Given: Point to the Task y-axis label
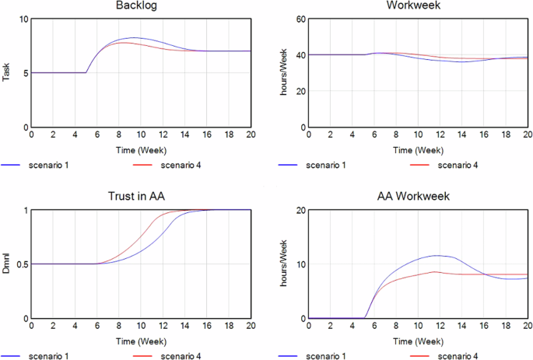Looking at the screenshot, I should [7, 72].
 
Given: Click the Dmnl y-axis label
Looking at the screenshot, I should [7, 264].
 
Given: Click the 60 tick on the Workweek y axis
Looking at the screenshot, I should [298, 19].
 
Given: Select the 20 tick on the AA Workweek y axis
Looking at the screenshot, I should [298, 210].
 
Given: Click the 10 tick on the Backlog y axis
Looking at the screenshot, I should [21, 19].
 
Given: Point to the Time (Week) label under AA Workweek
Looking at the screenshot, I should [418, 339].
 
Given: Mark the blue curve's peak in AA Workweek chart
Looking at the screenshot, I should [438, 255].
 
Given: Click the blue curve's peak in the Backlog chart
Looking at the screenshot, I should [133, 37].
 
